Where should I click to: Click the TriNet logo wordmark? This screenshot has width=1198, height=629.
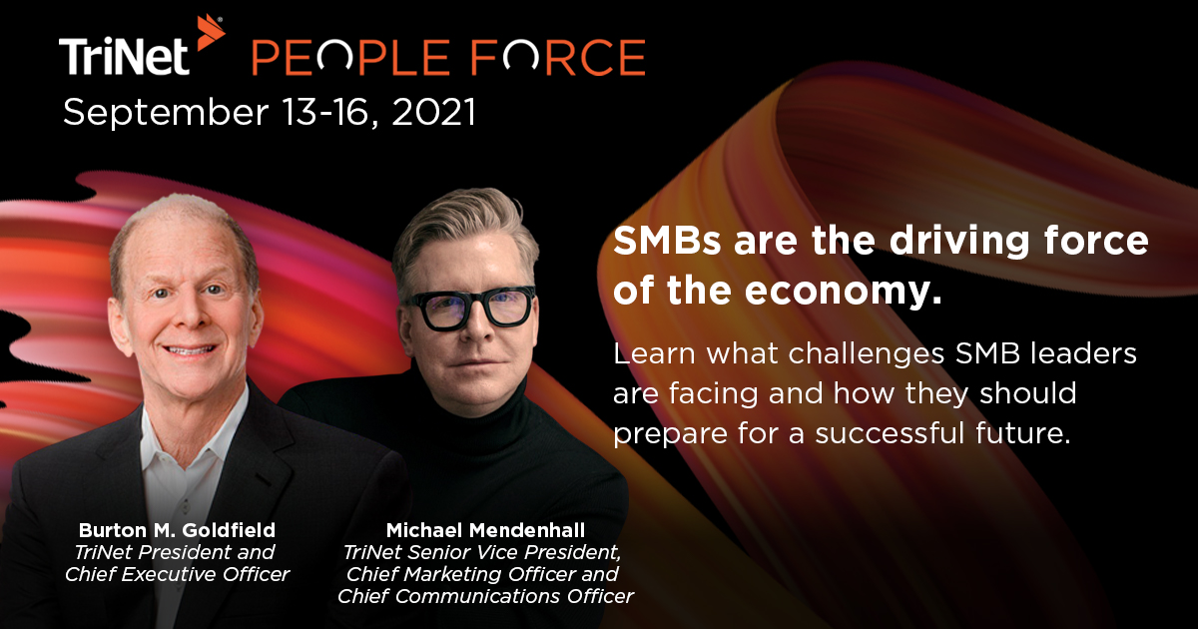point(125,57)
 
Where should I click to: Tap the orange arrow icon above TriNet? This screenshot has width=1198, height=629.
point(209,32)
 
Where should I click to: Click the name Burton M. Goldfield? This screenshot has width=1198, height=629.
point(177,529)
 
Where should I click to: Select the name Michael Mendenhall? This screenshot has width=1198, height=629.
point(484,529)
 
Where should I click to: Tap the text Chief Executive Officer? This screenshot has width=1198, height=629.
point(178,574)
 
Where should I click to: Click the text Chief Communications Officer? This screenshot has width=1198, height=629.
point(485,597)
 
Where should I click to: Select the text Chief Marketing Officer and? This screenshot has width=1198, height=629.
point(482,574)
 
